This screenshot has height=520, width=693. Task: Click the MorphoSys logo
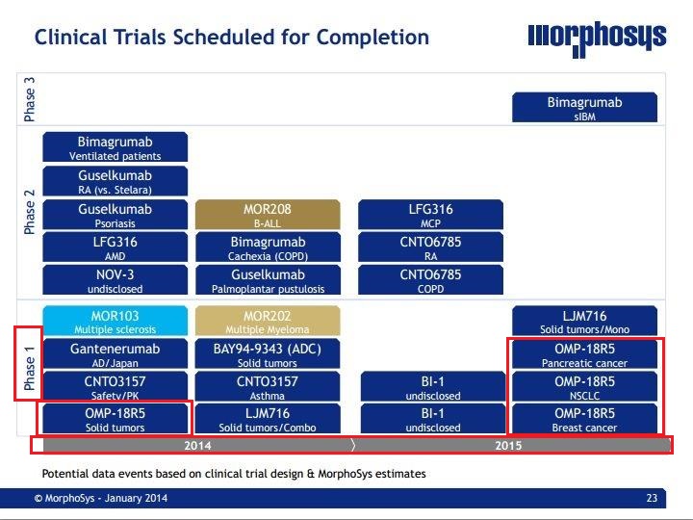(597, 39)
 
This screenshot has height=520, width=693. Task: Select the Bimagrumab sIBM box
(585, 108)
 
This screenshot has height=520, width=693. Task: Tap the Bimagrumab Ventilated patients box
(115, 147)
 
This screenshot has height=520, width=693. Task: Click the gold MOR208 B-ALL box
(268, 215)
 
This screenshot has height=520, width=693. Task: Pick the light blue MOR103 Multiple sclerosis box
(115, 321)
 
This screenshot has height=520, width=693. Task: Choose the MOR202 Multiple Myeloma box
(268, 321)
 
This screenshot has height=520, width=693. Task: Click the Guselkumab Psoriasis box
(115, 215)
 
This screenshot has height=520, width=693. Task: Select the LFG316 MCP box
(430, 215)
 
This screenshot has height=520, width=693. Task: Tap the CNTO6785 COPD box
(430, 280)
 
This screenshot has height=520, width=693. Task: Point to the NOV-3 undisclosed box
(115, 280)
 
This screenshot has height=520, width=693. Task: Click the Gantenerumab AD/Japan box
(115, 353)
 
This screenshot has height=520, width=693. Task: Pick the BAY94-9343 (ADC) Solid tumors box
(268, 353)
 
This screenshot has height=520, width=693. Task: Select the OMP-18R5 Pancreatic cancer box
(585, 353)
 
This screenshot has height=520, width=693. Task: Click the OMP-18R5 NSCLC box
(585, 386)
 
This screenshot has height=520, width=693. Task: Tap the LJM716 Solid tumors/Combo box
(268, 419)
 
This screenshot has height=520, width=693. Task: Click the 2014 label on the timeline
(197, 445)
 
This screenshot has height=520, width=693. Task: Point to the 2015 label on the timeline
(508, 445)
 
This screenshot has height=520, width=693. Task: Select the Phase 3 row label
(29, 99)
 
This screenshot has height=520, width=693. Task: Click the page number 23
(652, 498)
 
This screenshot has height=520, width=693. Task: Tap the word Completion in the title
(372, 38)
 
